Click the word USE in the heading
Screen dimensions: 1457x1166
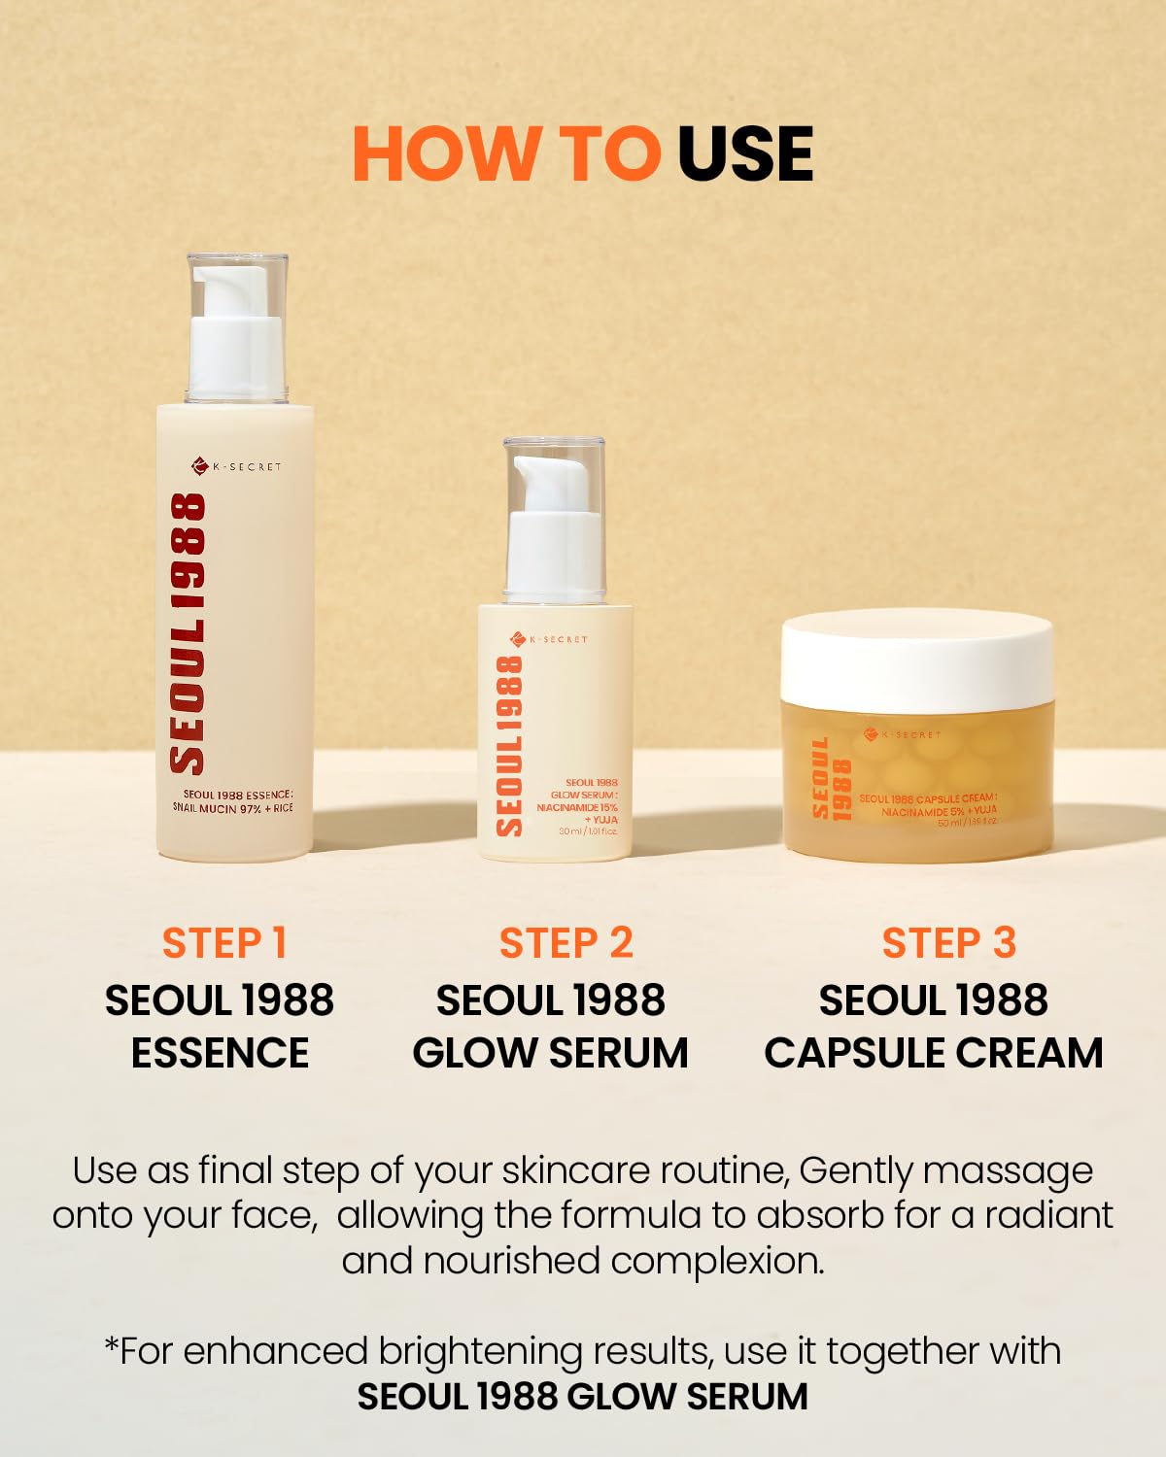[x=745, y=154]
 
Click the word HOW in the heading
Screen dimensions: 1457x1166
[x=446, y=154]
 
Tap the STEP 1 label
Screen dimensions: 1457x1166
[x=224, y=943]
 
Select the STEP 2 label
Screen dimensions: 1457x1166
[x=566, y=943]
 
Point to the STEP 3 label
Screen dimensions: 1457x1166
[x=948, y=943]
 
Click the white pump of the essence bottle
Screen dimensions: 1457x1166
[x=236, y=335]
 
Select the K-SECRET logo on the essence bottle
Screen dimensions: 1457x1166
[x=236, y=466]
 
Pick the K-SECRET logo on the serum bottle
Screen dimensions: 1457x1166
[x=550, y=639]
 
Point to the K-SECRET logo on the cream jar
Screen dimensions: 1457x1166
[x=903, y=734]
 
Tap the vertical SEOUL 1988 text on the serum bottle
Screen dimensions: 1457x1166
[x=510, y=746]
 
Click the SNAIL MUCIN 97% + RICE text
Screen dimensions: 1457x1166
[x=233, y=808]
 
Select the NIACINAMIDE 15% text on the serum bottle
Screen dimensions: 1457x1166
[x=577, y=807]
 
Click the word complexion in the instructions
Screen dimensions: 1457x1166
[x=717, y=1262]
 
